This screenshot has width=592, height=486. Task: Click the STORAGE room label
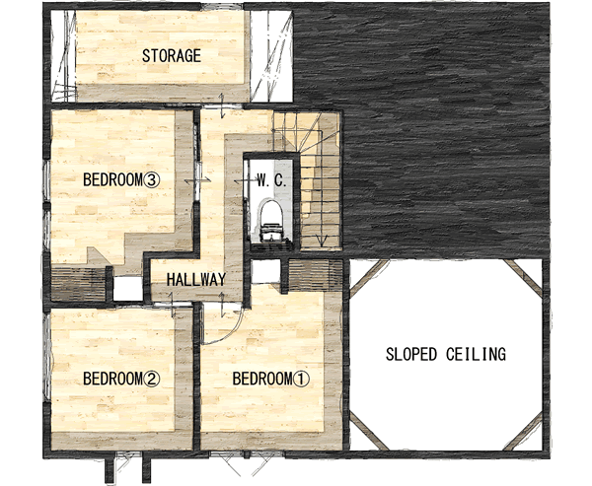pyautogui.click(x=172, y=56)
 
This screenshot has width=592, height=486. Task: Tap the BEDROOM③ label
pyautogui.click(x=121, y=179)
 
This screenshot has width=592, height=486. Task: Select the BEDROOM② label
pyautogui.click(x=121, y=379)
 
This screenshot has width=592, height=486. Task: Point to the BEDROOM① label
pyautogui.click(x=270, y=379)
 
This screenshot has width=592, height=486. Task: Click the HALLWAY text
pyautogui.click(x=196, y=280)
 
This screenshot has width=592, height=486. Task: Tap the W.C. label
pyautogui.click(x=271, y=180)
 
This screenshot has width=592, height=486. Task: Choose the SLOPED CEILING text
pyautogui.click(x=446, y=354)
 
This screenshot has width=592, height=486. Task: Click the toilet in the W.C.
pyautogui.click(x=270, y=221)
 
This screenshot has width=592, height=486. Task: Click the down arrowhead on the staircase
pyautogui.click(x=322, y=241)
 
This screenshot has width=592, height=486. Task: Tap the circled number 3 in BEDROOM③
pyautogui.click(x=152, y=180)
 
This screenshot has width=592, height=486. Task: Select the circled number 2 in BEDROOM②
pyautogui.click(x=152, y=379)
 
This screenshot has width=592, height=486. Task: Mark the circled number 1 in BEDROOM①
pyautogui.click(x=302, y=379)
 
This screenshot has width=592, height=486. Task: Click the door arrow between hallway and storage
pyautogui.click(x=222, y=106)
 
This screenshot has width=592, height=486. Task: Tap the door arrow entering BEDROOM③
pyautogui.click(x=197, y=181)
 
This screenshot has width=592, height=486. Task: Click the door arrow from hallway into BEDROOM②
pyautogui.click(x=173, y=305)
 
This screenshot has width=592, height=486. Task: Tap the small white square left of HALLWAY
pyautogui.click(x=128, y=289)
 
